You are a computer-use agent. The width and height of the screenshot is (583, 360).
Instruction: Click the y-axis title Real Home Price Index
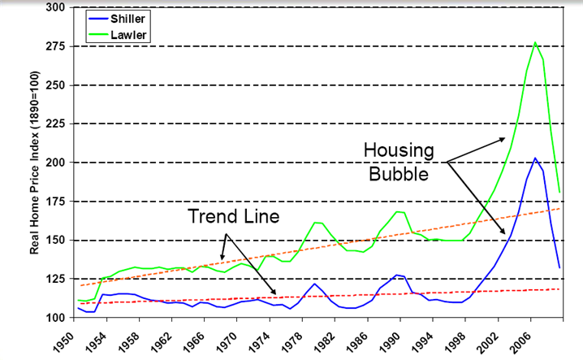[37, 163]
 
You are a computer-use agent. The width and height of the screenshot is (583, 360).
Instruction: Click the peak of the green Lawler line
[535, 42]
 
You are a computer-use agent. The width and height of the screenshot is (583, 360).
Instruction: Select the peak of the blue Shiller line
[535, 158]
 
